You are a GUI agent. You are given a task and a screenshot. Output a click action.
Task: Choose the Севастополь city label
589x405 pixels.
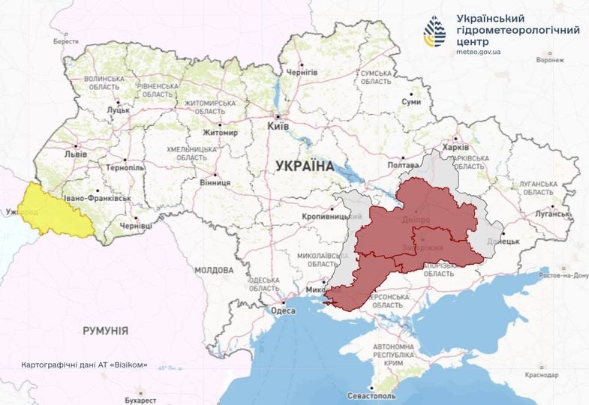(371, 395)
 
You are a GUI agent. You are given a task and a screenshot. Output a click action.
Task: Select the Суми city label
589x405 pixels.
(410, 101)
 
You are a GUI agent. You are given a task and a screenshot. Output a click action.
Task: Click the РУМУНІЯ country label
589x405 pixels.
(104, 330)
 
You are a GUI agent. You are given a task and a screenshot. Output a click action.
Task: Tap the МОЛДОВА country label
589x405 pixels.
(214, 270)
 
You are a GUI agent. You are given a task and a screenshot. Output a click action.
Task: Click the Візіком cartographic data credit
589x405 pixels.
(85, 365)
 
